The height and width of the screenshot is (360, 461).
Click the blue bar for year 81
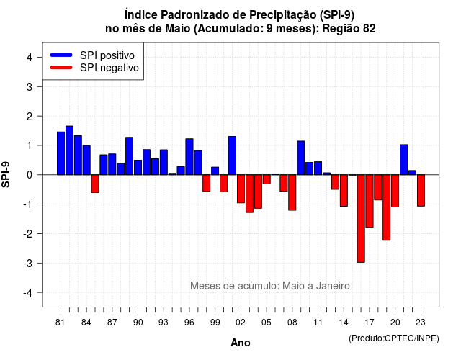coord(61,153)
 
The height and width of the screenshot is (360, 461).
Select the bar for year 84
coord(86,160)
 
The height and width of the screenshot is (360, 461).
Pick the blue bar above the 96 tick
coord(189,157)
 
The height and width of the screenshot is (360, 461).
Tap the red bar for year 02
coord(241,189)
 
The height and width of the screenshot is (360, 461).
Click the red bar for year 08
coord(292,192)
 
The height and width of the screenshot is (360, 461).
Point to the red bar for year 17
coord(370,201)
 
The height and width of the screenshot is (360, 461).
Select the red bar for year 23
coord(421,190)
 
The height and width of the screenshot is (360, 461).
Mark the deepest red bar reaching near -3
coord(361,219)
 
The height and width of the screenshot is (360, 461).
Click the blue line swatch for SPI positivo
coord(61,55)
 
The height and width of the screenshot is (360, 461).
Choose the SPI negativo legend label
coord(109,68)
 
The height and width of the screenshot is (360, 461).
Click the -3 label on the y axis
coord(29,263)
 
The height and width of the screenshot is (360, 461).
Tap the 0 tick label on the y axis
coord(30,175)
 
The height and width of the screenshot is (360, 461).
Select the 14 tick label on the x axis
coord(344,323)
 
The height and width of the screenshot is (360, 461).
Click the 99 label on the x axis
coord(215,323)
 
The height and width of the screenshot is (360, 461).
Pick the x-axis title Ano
coord(241,343)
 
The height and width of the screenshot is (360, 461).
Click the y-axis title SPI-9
coord(6,174)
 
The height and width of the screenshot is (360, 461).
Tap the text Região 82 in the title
coord(349,29)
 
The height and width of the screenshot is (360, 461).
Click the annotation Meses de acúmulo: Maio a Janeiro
coord(270,286)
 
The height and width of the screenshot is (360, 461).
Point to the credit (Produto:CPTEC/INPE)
coord(394,338)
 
